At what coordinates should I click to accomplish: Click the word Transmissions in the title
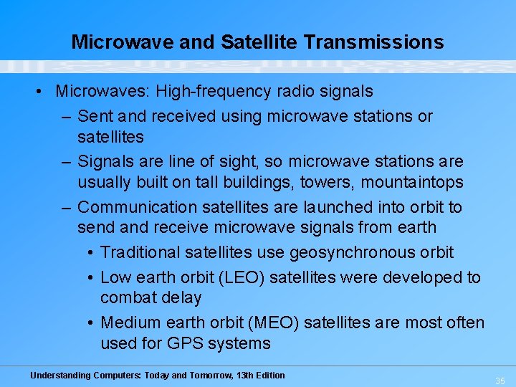tap(373, 42)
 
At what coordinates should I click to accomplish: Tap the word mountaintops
tap(412, 183)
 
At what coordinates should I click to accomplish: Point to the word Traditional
tap(140, 252)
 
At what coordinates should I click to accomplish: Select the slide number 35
tap(500, 381)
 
